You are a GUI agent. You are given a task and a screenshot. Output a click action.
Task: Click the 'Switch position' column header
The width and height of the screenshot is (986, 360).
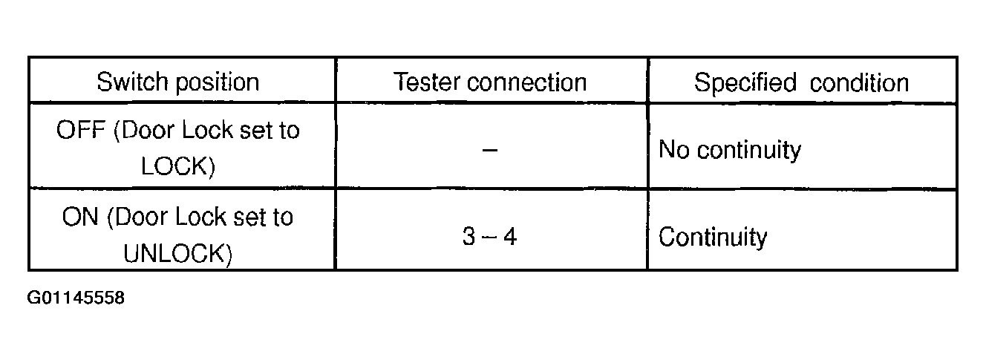pos(178,82)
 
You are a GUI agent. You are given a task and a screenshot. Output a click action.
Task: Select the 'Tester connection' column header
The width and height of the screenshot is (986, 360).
pos(490,82)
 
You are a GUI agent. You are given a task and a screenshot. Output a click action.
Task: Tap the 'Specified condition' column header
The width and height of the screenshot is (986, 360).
pos(801,82)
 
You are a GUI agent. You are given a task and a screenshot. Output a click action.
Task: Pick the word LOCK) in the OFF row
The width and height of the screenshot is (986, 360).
pos(178,167)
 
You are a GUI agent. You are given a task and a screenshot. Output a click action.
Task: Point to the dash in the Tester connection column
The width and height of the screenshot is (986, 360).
pos(490,149)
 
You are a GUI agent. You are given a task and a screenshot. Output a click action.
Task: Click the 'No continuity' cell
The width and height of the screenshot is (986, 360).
pos(730,150)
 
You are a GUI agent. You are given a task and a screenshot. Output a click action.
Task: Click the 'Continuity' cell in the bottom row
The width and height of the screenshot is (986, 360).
pos(713,238)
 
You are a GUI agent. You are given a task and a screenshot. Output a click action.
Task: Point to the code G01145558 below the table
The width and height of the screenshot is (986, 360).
pos(76,298)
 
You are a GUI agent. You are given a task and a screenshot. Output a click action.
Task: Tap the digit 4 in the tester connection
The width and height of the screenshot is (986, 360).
pos(510,238)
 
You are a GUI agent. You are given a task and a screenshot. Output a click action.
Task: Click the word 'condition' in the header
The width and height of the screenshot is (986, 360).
pos(859,82)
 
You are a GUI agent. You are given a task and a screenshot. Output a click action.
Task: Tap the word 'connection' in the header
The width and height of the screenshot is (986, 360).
pos(529,82)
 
